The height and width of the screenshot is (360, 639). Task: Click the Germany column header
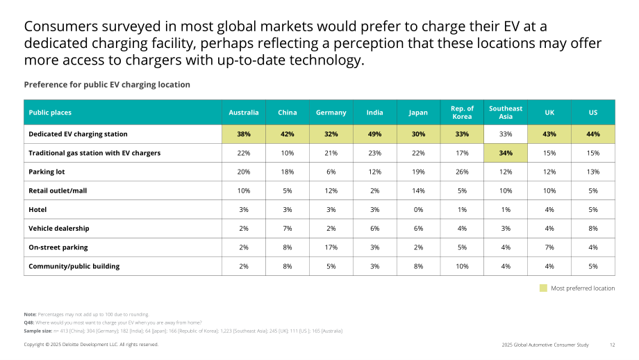pyautogui.click(x=331, y=113)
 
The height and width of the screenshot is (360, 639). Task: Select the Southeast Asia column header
pyautogui.click(x=506, y=113)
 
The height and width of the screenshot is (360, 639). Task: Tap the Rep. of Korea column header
pyautogui.click(x=462, y=113)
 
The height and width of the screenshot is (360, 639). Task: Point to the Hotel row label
pyautogui.click(x=38, y=210)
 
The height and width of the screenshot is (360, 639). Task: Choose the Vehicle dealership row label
pyautogui.click(x=58, y=229)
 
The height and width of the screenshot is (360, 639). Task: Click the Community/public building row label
pyautogui.click(x=74, y=266)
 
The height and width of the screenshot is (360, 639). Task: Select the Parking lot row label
pyautogui.click(x=47, y=172)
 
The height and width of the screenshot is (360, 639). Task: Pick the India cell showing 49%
pyautogui.click(x=375, y=134)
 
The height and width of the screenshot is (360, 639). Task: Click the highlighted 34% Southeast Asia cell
pyautogui.click(x=506, y=153)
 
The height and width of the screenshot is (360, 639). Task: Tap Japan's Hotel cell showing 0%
pyautogui.click(x=419, y=210)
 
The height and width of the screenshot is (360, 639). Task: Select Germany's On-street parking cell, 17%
pyautogui.click(x=331, y=247)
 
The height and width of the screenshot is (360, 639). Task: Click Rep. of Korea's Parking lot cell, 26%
pyautogui.click(x=462, y=172)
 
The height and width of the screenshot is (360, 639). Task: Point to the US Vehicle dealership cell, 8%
pyautogui.click(x=593, y=229)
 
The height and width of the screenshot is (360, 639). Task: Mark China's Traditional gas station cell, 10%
pyautogui.click(x=288, y=153)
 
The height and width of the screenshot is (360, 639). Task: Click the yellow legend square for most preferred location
pyautogui.click(x=543, y=288)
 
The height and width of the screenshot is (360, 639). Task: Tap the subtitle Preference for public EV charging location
pyautogui.click(x=107, y=85)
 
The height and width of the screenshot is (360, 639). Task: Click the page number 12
pyautogui.click(x=612, y=345)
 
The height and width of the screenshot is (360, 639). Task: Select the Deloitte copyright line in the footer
pyautogui.click(x=91, y=345)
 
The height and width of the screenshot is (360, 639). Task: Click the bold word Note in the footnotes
pyautogui.click(x=30, y=314)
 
